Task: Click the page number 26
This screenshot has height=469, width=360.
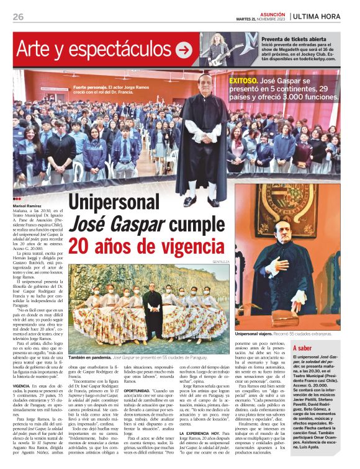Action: (x=18, y=17)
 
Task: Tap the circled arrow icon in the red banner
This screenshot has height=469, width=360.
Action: (x=183, y=50)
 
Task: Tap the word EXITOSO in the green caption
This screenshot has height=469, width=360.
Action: (x=243, y=81)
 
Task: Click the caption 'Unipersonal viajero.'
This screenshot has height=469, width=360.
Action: (x=256, y=334)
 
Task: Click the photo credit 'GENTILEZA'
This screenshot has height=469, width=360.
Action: (x=220, y=262)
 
